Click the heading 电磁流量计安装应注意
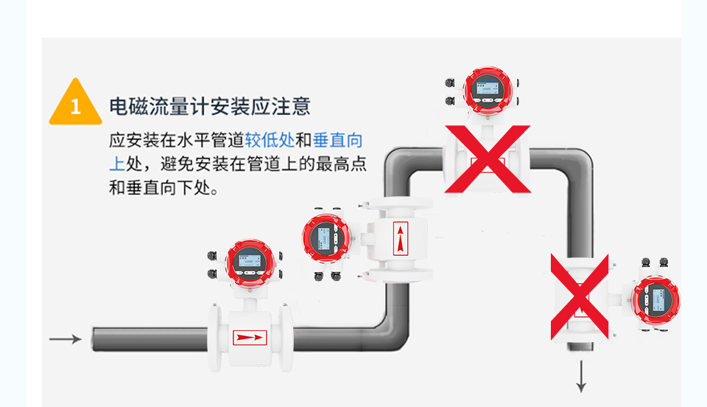[x=210, y=106]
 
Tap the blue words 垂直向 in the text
[x=338, y=141]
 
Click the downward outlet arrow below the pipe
[x=581, y=377]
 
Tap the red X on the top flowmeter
[x=487, y=158]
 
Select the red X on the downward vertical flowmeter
[x=580, y=296]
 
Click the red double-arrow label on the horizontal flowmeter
[x=249, y=338]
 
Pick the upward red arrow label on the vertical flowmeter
[x=400, y=237]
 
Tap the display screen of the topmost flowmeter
[x=486, y=90]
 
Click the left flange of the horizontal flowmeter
[x=214, y=338]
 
